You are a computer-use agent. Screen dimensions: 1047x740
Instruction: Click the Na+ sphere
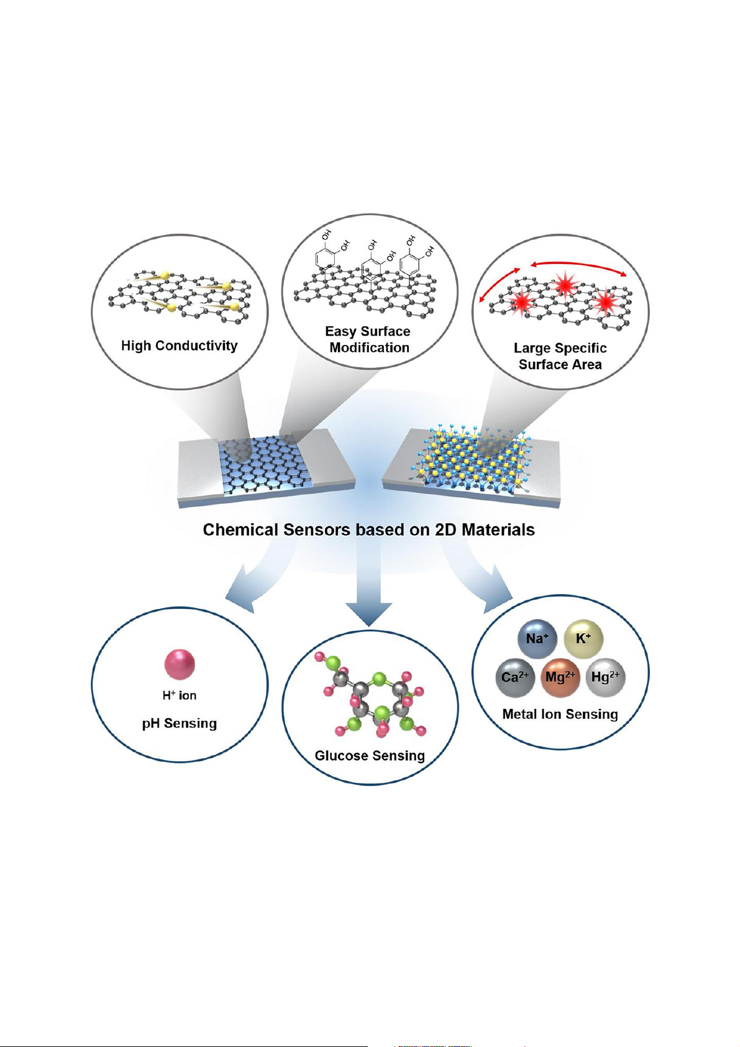[x=537, y=638]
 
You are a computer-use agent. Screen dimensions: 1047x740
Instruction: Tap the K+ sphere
[x=583, y=638]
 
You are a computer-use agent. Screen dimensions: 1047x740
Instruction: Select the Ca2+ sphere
[x=515, y=677]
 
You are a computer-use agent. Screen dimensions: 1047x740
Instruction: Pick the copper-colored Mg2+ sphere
[x=560, y=677]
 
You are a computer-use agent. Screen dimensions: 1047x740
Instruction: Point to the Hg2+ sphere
[x=605, y=677]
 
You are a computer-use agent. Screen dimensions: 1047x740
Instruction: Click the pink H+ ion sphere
[x=180, y=664]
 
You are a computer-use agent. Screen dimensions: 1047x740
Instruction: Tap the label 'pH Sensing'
[x=180, y=723]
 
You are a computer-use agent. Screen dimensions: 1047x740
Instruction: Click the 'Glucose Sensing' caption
[x=370, y=756]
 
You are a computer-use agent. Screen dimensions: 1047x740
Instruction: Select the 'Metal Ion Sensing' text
[x=560, y=714]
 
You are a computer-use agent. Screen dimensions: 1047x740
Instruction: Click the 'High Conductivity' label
[x=180, y=345]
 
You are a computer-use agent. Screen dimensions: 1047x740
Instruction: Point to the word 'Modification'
[x=370, y=348]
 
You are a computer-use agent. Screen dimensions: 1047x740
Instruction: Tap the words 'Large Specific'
[x=560, y=348]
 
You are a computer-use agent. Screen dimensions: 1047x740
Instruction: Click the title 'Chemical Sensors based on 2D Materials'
[x=369, y=529]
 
